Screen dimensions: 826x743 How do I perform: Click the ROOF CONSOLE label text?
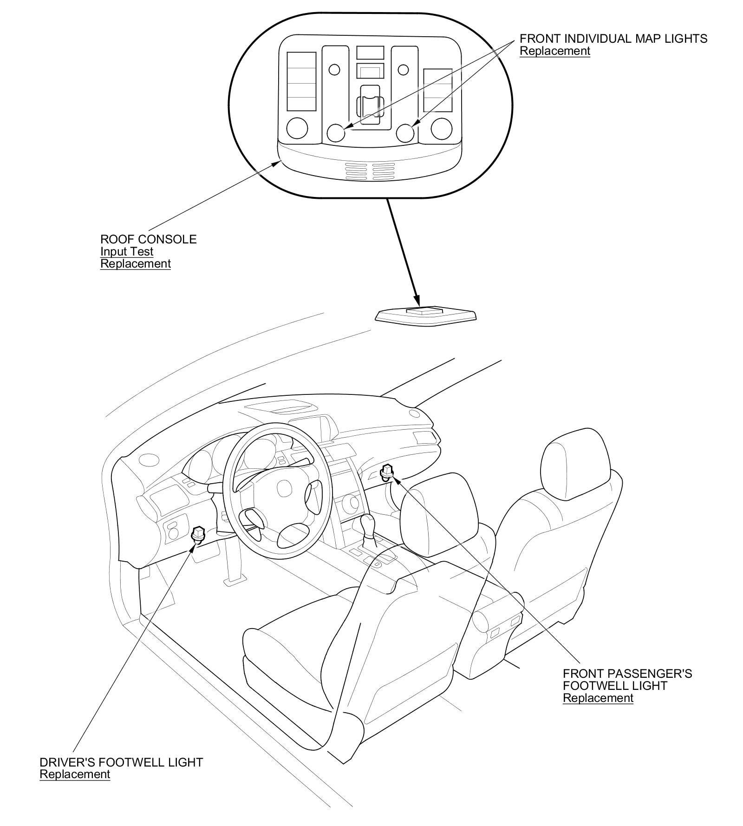(x=148, y=239)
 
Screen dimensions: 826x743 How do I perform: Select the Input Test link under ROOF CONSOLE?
(x=127, y=252)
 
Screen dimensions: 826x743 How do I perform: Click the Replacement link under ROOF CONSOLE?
(x=136, y=264)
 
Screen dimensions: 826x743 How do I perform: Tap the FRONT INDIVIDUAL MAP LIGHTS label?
(x=613, y=39)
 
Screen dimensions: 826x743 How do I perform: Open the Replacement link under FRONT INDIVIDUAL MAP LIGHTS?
(x=554, y=51)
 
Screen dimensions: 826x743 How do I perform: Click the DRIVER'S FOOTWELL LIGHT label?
(x=121, y=762)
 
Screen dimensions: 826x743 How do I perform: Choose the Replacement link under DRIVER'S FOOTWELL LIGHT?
(x=75, y=774)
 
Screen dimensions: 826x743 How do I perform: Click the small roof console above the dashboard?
(x=426, y=315)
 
